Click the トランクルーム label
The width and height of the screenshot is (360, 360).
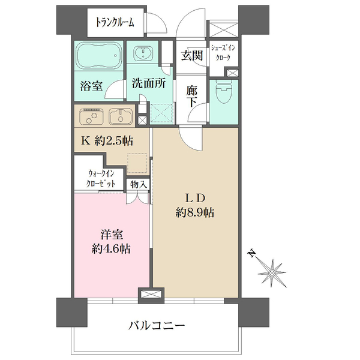click(115, 23)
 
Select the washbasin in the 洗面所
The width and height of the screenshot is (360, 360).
click(143, 53)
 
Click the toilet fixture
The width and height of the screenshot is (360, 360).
click(224, 93)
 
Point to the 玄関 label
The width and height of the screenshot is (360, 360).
click(192, 55)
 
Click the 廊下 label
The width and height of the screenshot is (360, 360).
click(192, 97)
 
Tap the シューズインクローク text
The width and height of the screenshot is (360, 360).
click(223, 53)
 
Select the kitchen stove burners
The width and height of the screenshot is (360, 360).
click(91, 116)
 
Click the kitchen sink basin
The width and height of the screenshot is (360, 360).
click(121, 116)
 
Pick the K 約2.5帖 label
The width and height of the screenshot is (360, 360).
click(107, 140)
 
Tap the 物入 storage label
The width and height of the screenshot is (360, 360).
click(139, 184)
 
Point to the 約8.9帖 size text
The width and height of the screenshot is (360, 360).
click(195, 212)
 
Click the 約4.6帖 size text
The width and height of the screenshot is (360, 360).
click(112, 248)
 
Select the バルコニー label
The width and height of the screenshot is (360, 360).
click(157, 325)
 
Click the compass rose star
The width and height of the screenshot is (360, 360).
click(272, 273)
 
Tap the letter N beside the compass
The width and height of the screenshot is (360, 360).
click(252, 253)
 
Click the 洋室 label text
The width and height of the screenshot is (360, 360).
click(112, 234)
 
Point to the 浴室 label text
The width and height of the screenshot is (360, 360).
click(91, 86)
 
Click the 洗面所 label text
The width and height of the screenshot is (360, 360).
click(149, 83)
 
